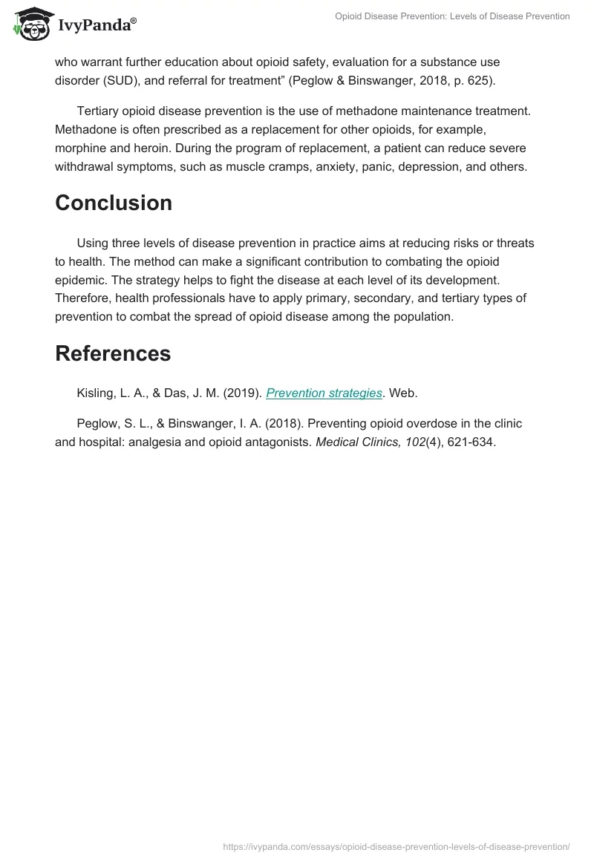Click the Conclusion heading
pos(114,203)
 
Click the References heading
pos(113,353)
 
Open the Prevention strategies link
pos(324,393)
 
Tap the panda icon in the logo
pos(30,24)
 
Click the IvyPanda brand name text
pos(97,25)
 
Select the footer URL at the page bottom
pos(396,845)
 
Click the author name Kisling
pos(97,393)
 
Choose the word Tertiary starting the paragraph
pos(101,111)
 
